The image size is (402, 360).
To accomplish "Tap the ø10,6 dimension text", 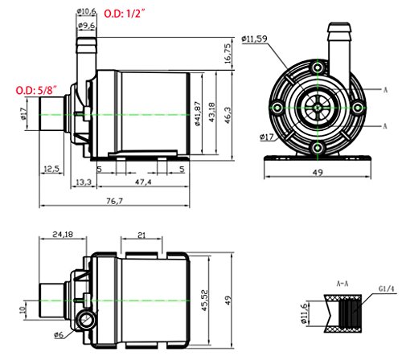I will point(87,10).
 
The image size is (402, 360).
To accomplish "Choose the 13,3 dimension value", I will point(83,183).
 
